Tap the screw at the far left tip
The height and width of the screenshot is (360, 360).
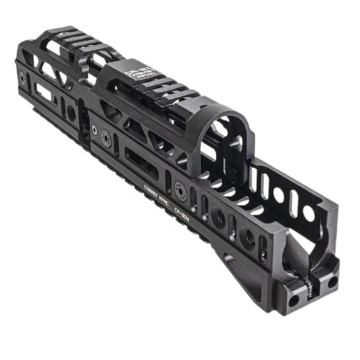point(23,78)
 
